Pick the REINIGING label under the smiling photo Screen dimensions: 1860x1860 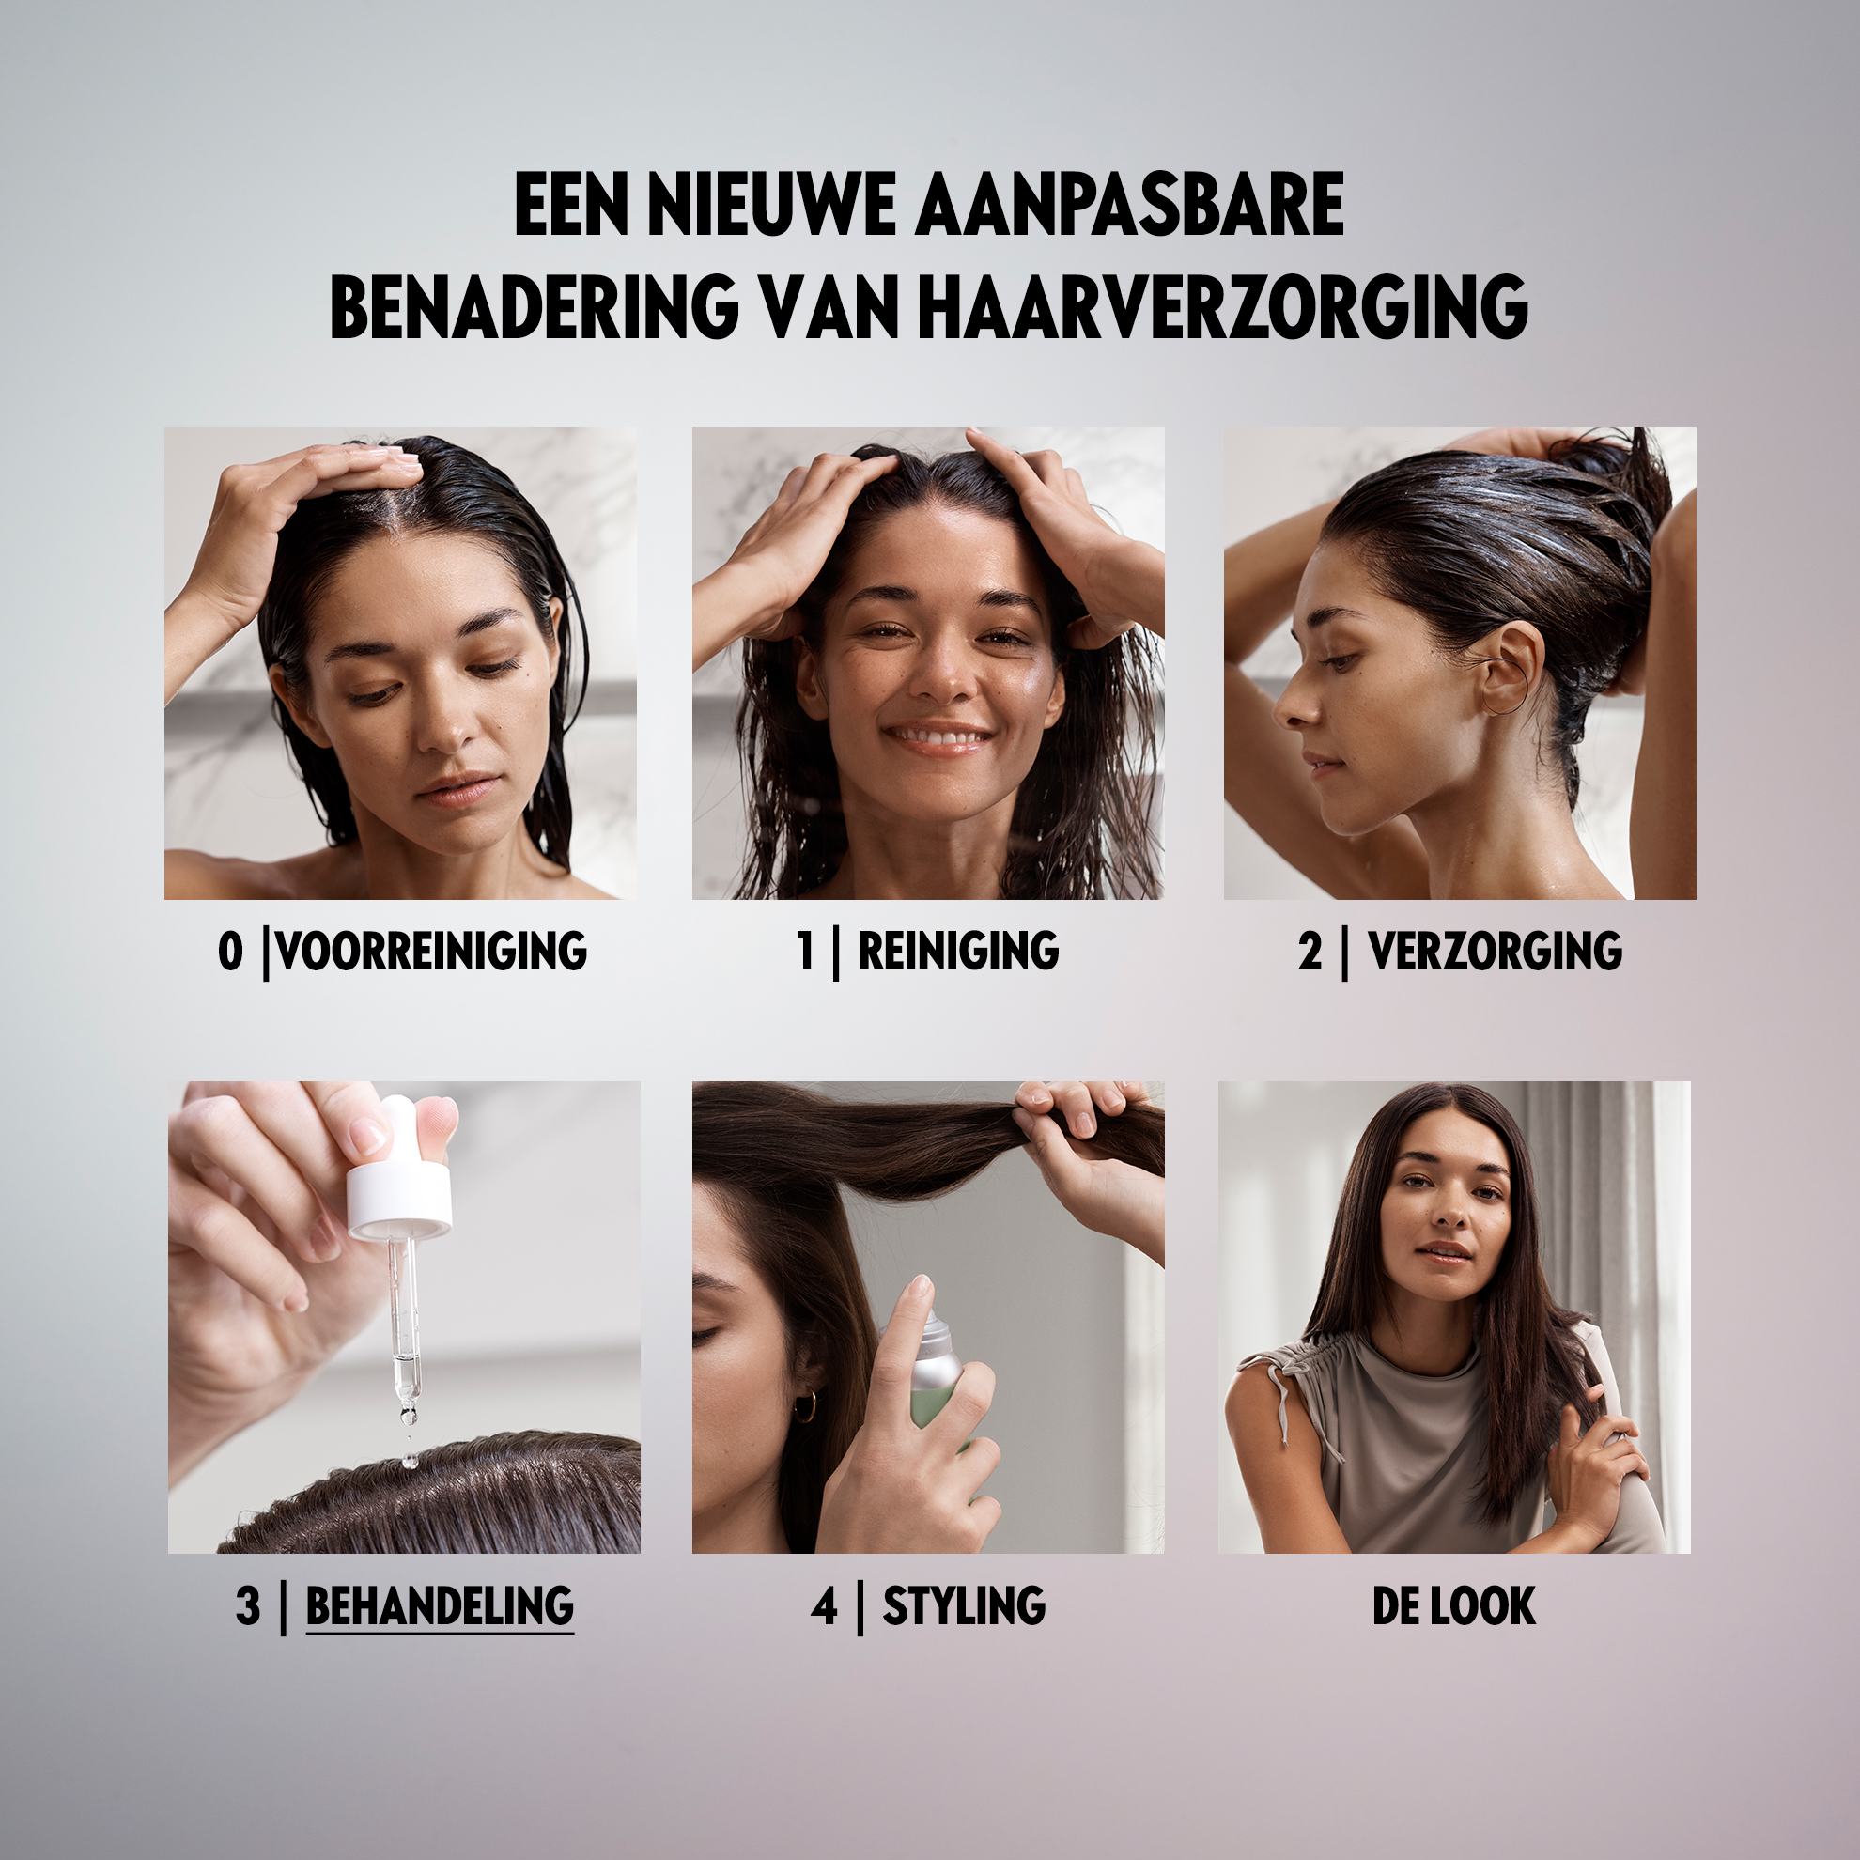(958, 951)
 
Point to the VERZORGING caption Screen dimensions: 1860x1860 (1496, 951)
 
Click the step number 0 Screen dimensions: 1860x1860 (230, 952)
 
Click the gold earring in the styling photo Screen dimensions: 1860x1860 (804, 1406)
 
